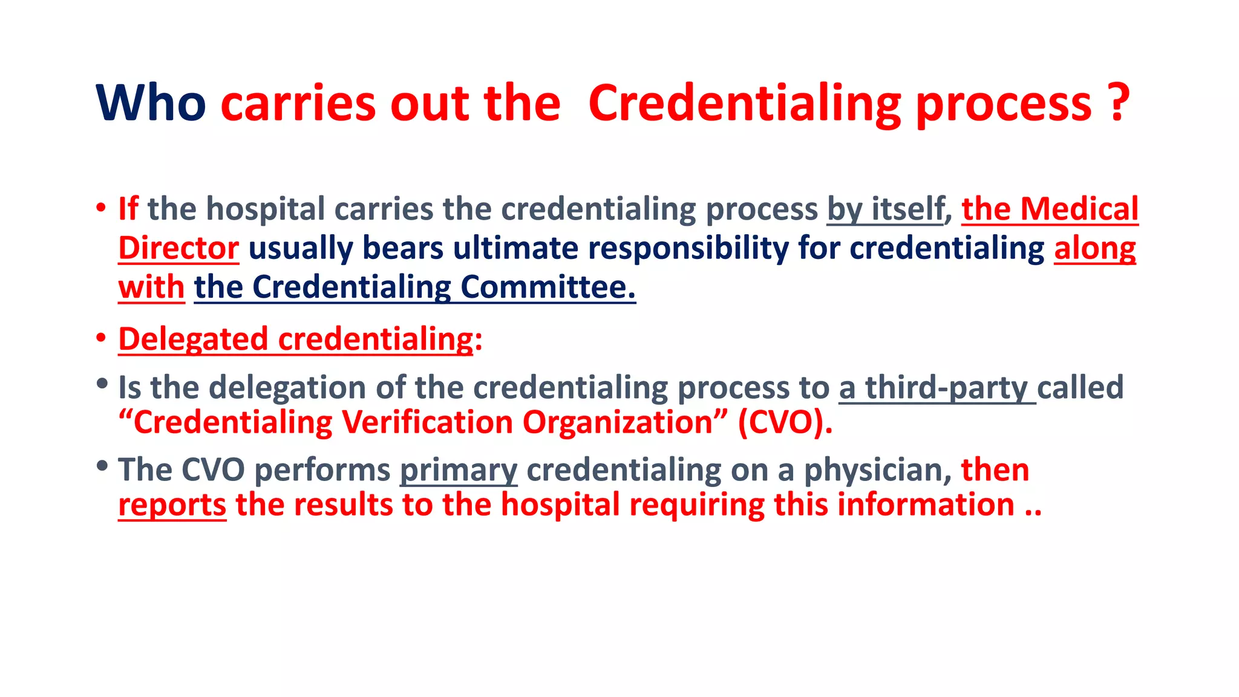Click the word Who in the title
(151, 103)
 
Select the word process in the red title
(1004, 105)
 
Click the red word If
(128, 209)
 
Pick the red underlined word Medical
(1079, 209)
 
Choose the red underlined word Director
(178, 249)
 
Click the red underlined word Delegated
(193, 339)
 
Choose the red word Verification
(427, 422)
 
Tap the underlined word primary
(459, 470)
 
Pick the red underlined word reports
(172, 505)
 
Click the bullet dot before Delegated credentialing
(101, 338)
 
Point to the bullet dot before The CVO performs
(102, 466)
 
